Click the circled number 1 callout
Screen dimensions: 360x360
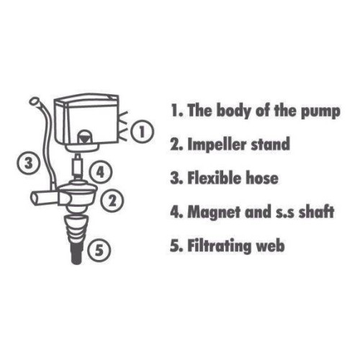pos(142,132)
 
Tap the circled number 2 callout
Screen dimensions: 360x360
pos(112,201)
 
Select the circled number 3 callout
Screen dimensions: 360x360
pos(28,163)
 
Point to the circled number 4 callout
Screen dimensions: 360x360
pos(100,172)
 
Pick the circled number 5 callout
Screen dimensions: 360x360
pos(99,250)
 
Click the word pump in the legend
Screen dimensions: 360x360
pos(320,112)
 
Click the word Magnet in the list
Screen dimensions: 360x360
pos(214,212)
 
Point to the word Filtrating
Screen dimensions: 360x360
pos(219,246)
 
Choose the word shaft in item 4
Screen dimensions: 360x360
pos(316,212)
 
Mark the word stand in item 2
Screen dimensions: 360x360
pos(270,144)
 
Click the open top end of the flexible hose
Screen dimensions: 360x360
pos(34,101)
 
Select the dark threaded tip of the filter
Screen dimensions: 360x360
pos(77,254)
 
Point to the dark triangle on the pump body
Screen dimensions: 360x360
pos(85,139)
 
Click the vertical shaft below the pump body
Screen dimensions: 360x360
pos(77,166)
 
